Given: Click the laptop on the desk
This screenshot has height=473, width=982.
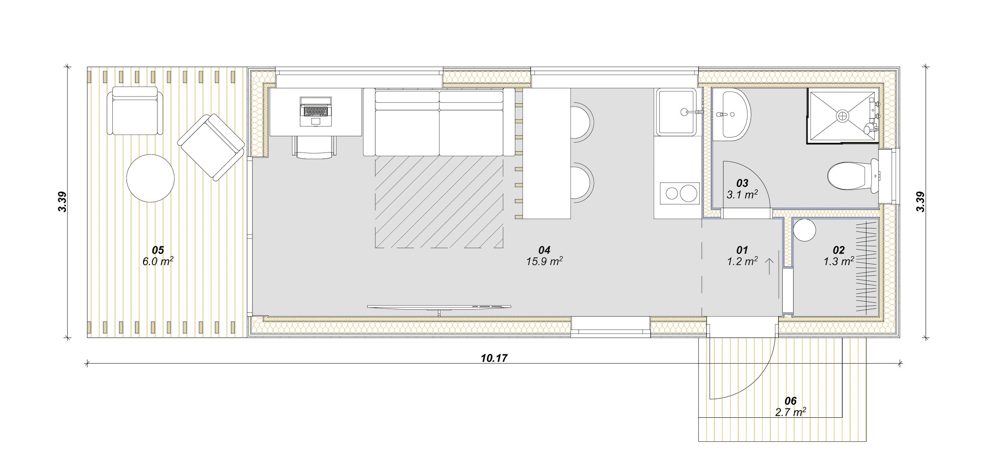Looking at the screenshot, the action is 316,111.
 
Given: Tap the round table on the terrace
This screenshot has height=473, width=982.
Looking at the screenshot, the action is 150,178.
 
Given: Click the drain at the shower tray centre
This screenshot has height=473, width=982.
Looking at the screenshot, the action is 842,116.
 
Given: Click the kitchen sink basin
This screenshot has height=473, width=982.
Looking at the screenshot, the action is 677,112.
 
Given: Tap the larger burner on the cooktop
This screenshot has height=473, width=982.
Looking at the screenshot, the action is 689,194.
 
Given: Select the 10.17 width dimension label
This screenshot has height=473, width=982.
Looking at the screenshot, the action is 494,358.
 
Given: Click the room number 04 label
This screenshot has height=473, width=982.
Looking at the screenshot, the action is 544,250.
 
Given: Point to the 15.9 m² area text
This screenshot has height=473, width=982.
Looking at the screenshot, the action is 544,261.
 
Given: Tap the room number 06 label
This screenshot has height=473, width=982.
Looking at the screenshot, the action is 790,401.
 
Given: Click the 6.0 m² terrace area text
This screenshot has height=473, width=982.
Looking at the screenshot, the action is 158,261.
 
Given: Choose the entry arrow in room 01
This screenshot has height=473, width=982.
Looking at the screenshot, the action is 769,266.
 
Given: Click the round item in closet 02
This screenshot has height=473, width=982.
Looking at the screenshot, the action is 804,230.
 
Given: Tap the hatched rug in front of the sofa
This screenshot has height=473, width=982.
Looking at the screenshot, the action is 439,202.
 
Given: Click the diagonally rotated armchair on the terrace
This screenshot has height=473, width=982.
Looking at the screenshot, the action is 211,147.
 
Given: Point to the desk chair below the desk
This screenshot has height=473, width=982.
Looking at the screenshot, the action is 314,147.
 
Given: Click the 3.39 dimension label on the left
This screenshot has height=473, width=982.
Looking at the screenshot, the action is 63,202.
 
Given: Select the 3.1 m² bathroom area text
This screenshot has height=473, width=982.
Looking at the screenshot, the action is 742,195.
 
